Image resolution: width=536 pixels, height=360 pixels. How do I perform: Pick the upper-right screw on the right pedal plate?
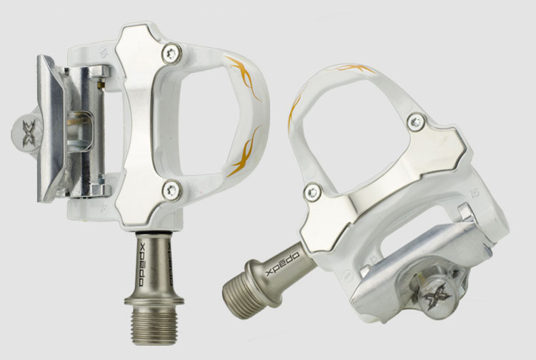tap(415, 121)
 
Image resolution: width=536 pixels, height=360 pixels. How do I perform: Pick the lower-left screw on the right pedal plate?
tap(311, 190)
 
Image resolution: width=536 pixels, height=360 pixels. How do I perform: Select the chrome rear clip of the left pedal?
tap(54, 129)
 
